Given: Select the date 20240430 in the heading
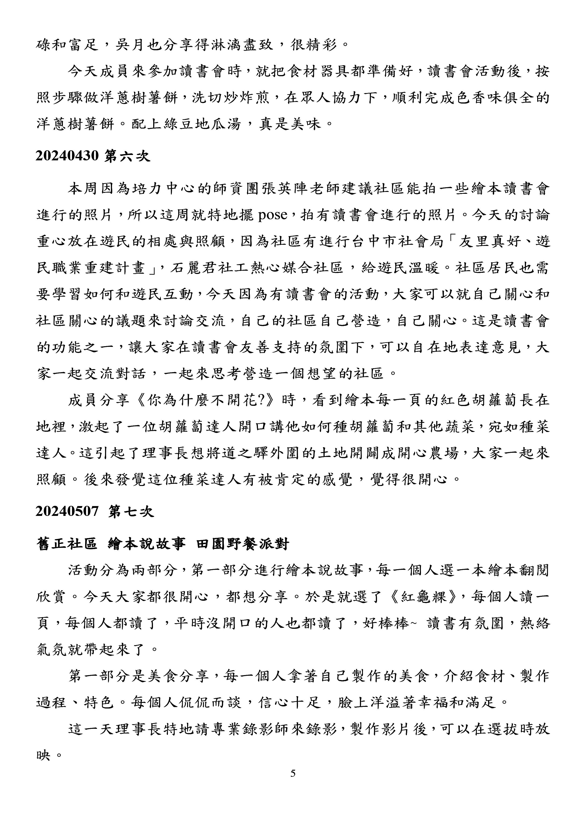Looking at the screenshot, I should [67, 156].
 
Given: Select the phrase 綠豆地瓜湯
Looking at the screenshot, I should [203, 124].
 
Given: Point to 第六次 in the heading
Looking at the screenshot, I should [127, 156].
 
